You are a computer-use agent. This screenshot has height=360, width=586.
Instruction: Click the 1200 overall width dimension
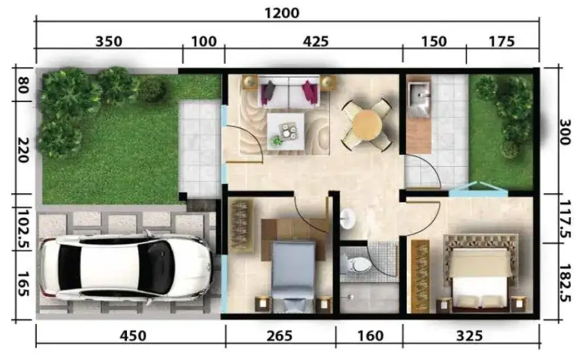click(x=282, y=14)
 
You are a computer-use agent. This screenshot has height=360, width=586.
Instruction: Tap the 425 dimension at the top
click(x=316, y=41)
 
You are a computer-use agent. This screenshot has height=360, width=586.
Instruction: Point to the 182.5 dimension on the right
click(x=564, y=283)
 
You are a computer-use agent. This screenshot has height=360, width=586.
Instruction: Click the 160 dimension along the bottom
click(x=370, y=336)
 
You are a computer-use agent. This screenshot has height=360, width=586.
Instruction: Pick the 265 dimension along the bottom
click(x=279, y=336)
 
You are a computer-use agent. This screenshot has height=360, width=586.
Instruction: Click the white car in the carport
click(x=126, y=266)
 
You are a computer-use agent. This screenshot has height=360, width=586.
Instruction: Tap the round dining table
click(x=367, y=125)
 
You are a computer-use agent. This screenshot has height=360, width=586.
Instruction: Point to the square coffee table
click(x=286, y=131)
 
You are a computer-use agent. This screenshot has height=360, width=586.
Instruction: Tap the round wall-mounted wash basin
click(x=347, y=218)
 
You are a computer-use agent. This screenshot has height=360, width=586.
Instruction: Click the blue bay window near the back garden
click(x=478, y=189)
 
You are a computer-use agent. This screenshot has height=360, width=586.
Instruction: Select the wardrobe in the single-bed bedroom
click(x=241, y=226)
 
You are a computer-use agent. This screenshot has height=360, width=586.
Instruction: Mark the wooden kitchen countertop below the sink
click(x=419, y=136)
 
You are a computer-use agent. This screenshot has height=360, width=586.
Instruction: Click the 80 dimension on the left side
click(x=23, y=85)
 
